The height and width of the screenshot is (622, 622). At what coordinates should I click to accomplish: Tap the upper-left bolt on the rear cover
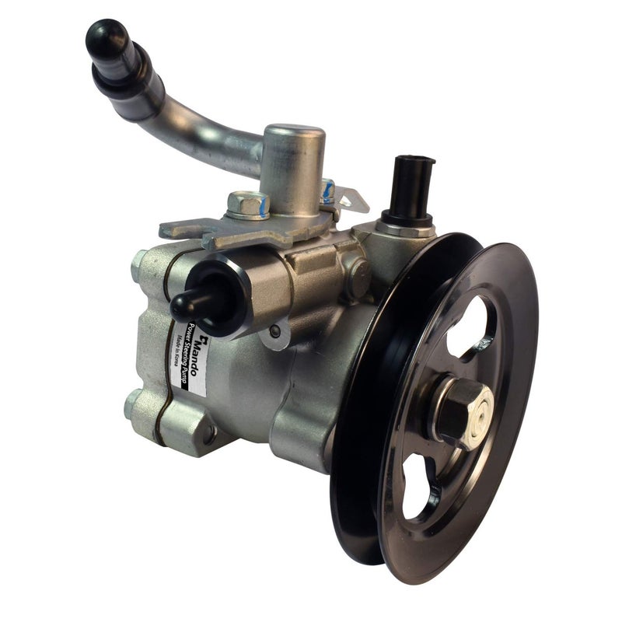141,268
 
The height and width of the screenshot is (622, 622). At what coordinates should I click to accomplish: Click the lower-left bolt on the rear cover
134,404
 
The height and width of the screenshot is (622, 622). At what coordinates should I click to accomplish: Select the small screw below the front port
274,331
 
